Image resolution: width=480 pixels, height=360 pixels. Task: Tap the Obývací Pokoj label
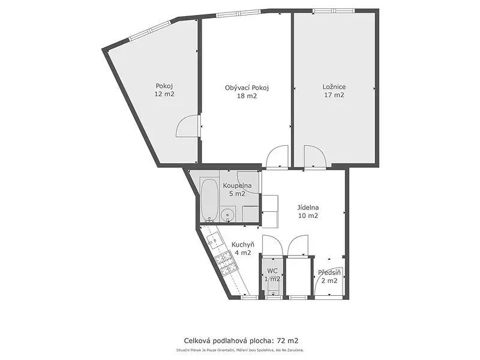click(x=247, y=88)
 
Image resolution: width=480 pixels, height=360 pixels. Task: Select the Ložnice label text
click(x=334, y=87)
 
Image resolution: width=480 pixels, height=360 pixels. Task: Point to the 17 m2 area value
click(x=334, y=95)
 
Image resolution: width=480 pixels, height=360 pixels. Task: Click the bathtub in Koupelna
click(x=209, y=200)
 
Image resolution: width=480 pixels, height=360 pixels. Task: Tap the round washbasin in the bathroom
click(x=227, y=214)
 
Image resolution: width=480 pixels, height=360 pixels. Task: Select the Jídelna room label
click(x=308, y=208)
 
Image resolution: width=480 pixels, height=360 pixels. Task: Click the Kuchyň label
click(x=243, y=245)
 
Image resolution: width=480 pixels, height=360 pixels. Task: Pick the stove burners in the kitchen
click(x=226, y=262)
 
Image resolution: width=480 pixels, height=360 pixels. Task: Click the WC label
click(x=272, y=271)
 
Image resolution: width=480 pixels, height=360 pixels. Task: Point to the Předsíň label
click(x=329, y=272)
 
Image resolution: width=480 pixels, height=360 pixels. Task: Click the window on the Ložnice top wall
click(x=334, y=11)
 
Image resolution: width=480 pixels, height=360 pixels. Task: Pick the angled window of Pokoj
click(x=149, y=31)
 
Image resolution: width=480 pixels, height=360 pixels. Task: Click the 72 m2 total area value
click(x=287, y=341)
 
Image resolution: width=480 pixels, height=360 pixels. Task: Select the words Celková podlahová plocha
click(x=228, y=341)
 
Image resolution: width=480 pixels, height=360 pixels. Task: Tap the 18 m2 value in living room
click(x=247, y=96)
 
